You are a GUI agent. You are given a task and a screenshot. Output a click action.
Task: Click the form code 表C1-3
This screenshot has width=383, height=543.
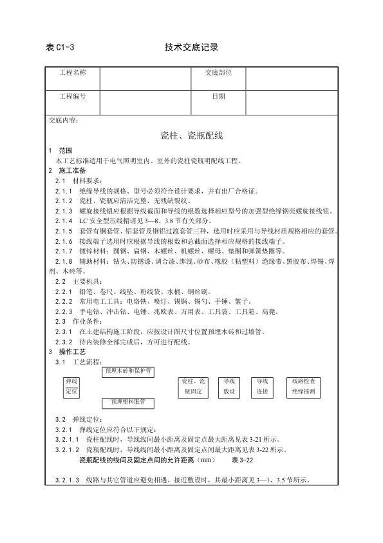tap(61, 48)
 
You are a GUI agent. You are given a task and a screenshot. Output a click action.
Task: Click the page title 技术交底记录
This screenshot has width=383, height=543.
tap(191, 48)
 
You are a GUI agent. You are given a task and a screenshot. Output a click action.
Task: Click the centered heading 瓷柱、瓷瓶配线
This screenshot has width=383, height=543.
tap(191, 135)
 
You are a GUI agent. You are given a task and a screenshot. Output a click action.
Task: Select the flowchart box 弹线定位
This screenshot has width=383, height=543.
tap(71, 386)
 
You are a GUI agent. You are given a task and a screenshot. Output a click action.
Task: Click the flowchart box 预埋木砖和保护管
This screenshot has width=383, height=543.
tap(127, 371)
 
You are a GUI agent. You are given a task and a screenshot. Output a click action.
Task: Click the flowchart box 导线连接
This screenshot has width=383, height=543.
tap(262, 386)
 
